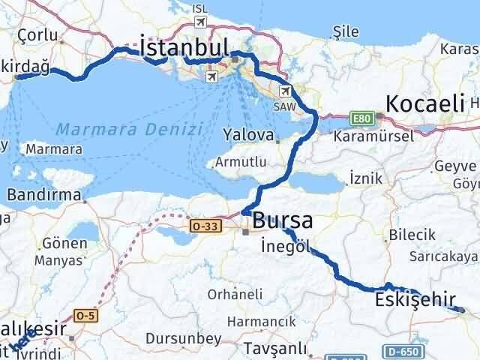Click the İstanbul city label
(184, 48)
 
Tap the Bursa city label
(283, 220)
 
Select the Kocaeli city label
(425, 103)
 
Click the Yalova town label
(248, 135)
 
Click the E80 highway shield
(363, 117)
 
